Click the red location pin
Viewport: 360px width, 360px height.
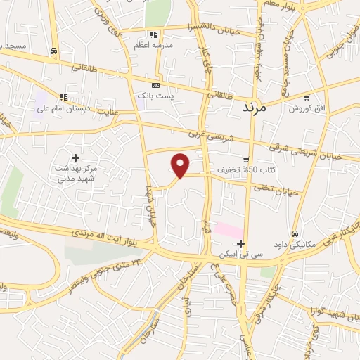tap(181, 165)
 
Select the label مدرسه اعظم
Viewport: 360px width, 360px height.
tap(153, 45)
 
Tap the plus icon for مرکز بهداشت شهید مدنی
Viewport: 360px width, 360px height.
tap(76, 157)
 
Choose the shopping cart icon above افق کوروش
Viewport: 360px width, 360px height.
tap(306, 98)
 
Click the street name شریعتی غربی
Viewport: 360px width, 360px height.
tap(205, 132)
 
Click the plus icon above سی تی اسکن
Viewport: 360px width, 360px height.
tap(241, 244)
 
